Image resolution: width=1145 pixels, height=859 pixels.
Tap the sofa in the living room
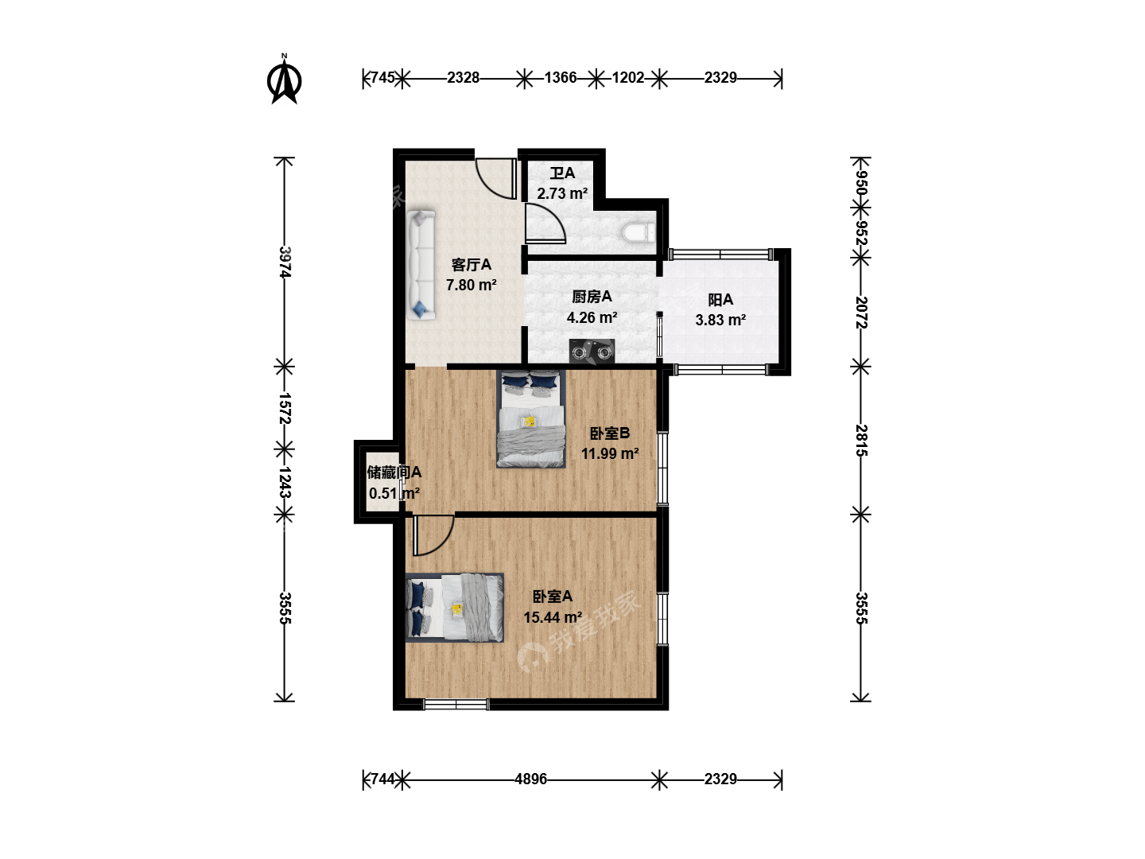(x=421, y=264)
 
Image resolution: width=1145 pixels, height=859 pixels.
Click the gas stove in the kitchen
(x=592, y=351)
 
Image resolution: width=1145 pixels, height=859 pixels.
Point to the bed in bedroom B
(x=531, y=419)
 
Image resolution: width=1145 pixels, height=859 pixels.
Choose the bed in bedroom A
(x=454, y=608)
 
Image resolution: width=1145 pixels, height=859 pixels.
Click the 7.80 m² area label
(x=471, y=286)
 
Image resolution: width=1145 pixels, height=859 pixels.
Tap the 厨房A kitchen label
(x=592, y=297)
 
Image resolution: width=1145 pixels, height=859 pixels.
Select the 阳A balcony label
(x=720, y=300)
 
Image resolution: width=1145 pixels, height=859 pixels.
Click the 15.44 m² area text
(x=553, y=617)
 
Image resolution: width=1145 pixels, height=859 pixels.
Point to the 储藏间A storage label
(x=394, y=472)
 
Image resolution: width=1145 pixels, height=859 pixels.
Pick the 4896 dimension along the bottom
(x=530, y=779)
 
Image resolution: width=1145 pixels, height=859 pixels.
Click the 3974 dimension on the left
(x=285, y=262)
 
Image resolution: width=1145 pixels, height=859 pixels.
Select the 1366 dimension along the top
(x=561, y=78)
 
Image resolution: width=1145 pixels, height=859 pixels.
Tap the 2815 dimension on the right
(x=861, y=441)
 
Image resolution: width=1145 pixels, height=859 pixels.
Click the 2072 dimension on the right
(x=861, y=313)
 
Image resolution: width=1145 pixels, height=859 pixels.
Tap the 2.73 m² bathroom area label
(x=562, y=193)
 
